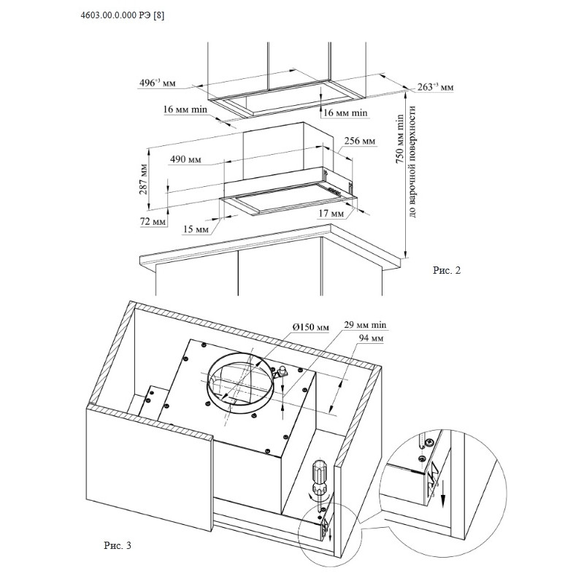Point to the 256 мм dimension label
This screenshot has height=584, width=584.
pos(359,141)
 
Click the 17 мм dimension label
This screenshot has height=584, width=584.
pos(330,214)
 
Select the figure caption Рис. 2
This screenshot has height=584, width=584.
pos(447,270)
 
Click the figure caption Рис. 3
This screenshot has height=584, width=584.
pos(117,545)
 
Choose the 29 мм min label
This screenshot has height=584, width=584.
pos(365,325)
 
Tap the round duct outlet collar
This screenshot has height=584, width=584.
pos(238,383)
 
